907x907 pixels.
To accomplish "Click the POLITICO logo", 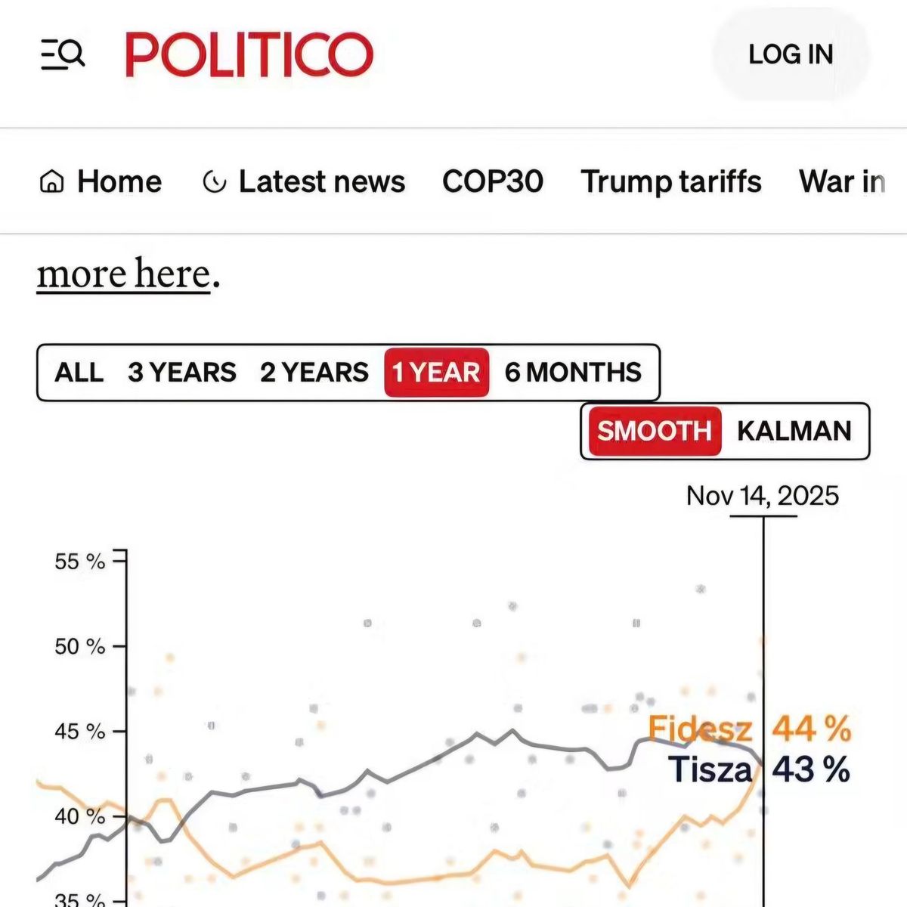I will [x=249, y=54].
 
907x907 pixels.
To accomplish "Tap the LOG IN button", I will [x=791, y=54].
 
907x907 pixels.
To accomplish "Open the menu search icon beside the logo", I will [x=63, y=54].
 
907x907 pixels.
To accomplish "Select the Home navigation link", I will [x=101, y=181].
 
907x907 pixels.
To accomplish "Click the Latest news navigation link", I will [x=305, y=181].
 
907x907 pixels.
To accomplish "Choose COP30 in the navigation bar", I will [x=492, y=181].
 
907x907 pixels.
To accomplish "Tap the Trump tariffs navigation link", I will [x=670, y=181].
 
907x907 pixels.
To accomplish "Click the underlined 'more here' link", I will [x=124, y=274].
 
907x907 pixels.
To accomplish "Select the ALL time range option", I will [x=79, y=373].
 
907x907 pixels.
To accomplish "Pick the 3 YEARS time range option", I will [x=181, y=373].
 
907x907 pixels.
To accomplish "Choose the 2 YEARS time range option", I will [x=314, y=373].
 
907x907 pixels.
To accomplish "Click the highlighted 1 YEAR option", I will [x=436, y=373].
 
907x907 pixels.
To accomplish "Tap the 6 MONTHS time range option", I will [x=573, y=373].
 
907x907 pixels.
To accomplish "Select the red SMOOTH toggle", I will [x=654, y=431].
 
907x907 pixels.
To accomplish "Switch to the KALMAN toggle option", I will [x=794, y=431].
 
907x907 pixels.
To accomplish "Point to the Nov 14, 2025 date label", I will [x=762, y=496].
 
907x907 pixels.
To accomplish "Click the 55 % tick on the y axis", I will [x=79, y=562].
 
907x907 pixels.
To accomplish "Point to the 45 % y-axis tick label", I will [x=79, y=732].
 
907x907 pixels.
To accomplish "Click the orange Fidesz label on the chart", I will [x=700, y=729].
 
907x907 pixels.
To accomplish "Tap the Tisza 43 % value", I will [x=810, y=770].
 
